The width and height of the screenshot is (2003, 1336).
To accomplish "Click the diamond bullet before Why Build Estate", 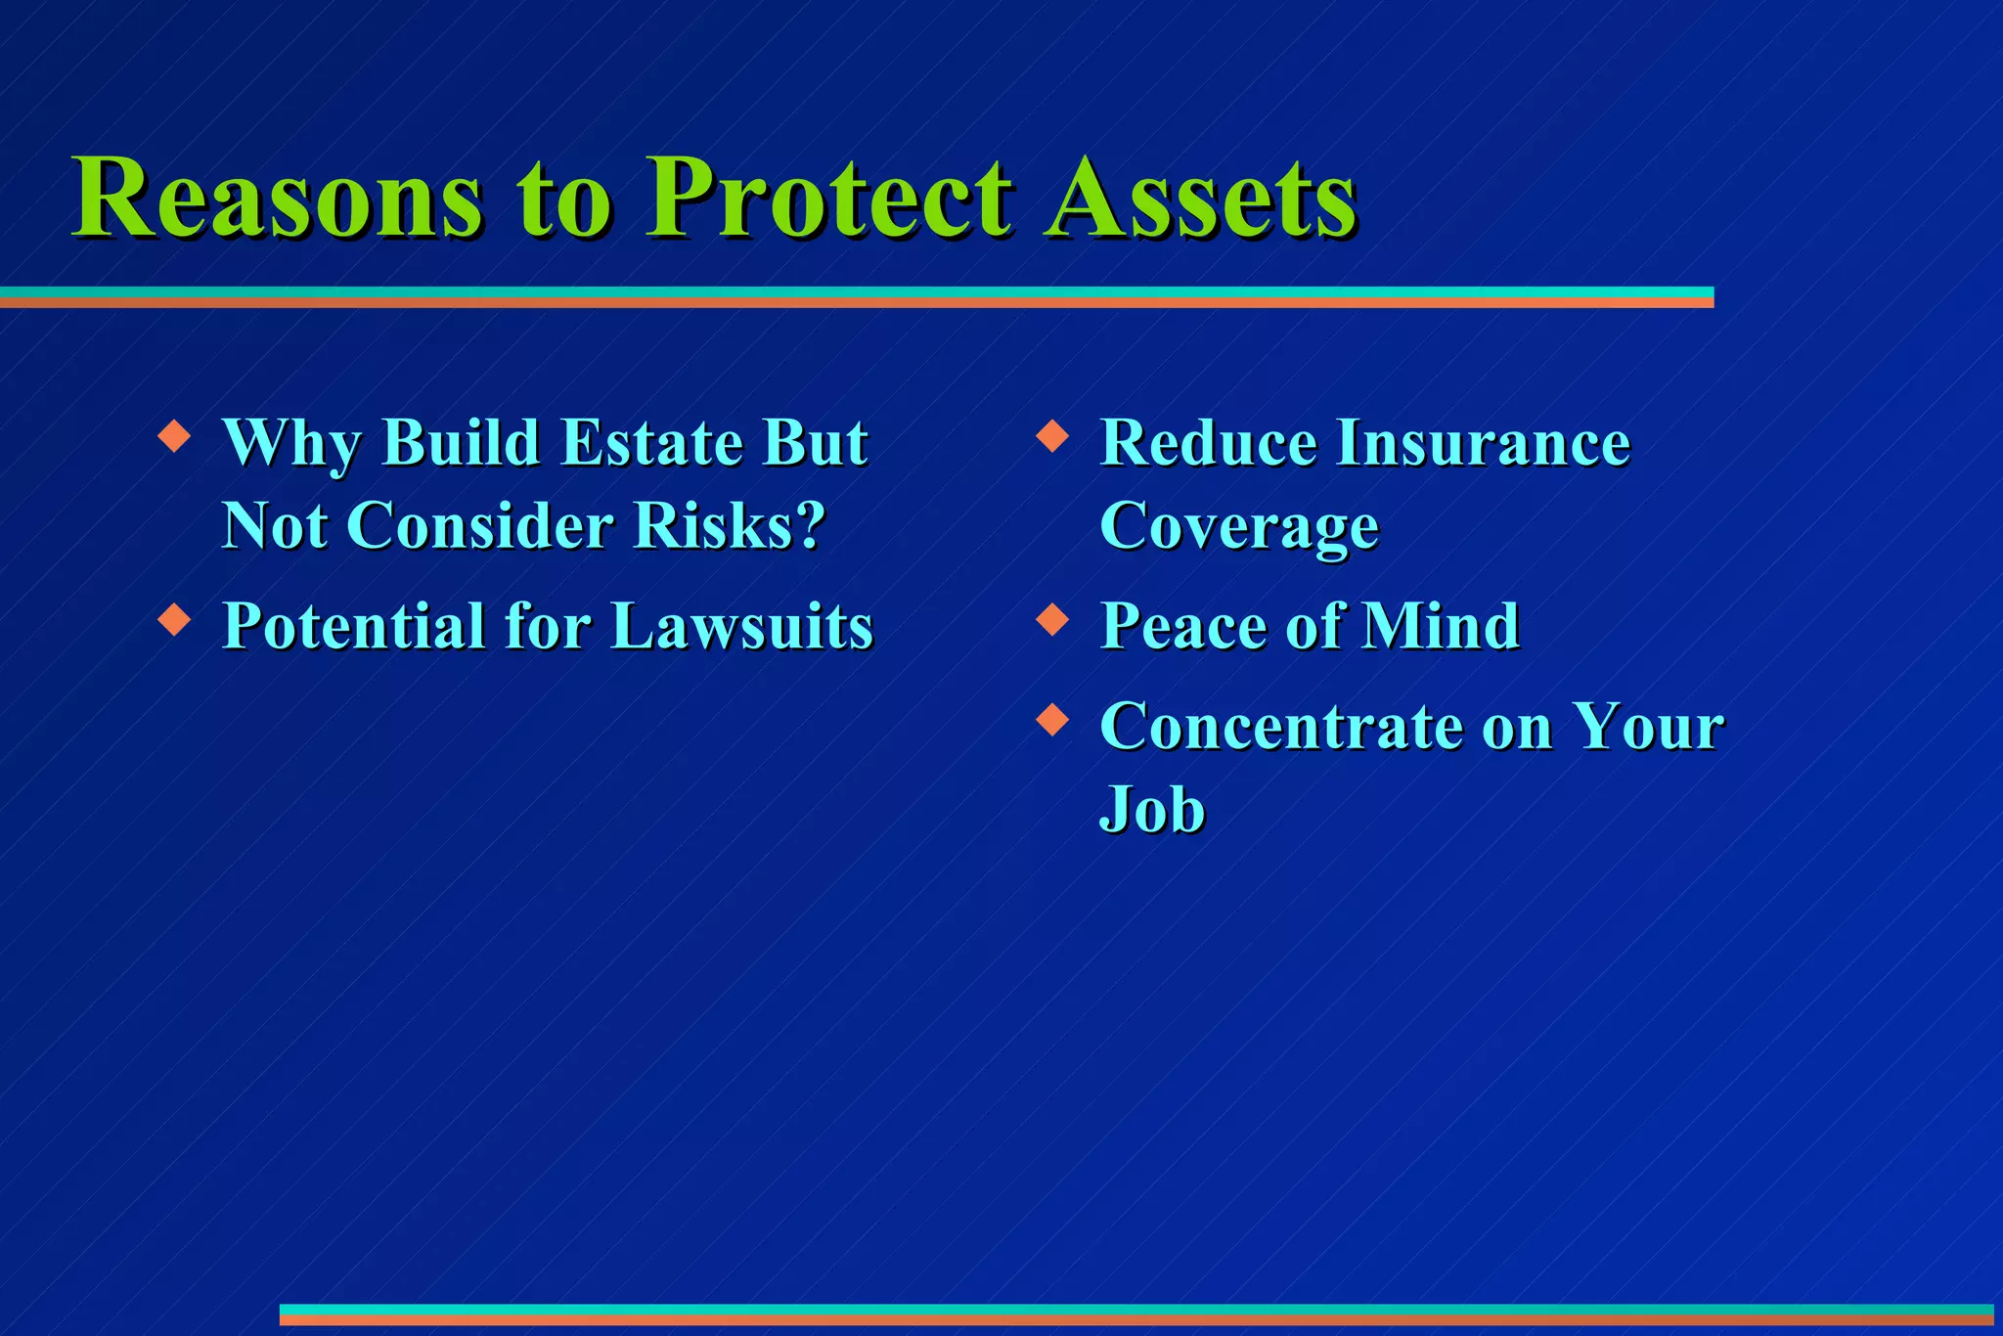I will [174, 435].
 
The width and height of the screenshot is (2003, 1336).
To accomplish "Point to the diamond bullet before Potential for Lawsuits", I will [174, 619].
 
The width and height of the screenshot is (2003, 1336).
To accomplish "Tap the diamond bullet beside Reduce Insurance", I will [1051, 435].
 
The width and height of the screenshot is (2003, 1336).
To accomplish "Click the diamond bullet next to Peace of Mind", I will [1051, 619].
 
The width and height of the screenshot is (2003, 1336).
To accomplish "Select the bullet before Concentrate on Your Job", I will [1051, 720].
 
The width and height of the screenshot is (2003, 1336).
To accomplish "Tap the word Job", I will [1152, 810].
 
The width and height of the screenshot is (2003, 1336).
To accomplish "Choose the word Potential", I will [353, 626].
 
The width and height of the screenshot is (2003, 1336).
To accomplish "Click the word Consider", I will [479, 526].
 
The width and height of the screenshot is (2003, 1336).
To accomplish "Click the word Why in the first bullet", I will [291, 444].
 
